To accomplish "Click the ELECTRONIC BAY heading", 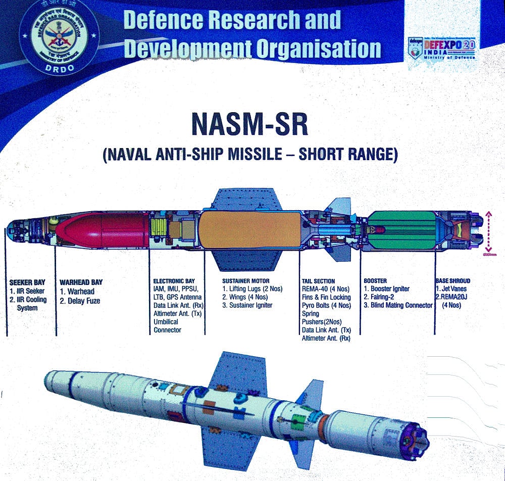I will point(177,281).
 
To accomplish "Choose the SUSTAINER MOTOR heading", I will point(246,280).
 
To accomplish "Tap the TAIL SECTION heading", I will point(318,281).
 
